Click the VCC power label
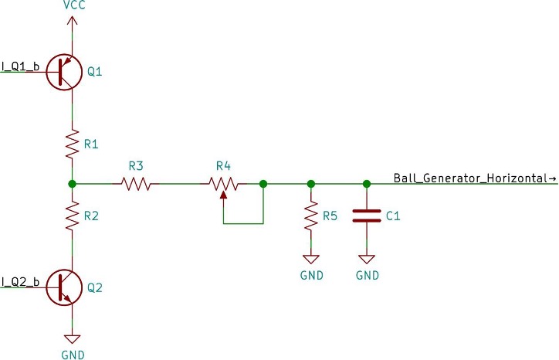click(x=72, y=6)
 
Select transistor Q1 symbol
click(x=64, y=72)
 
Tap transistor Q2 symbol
click(x=64, y=287)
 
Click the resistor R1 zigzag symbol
click(x=72, y=143)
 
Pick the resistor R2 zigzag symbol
click(x=72, y=216)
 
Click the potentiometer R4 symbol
click(x=223, y=184)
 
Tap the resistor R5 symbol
click(x=311, y=216)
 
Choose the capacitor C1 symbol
click(x=367, y=216)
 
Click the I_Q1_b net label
click(x=20, y=66)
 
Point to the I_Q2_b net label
click(x=20, y=281)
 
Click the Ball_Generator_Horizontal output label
click(x=474, y=178)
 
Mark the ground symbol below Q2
click(x=72, y=338)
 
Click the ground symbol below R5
click(x=311, y=260)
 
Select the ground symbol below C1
click(x=367, y=260)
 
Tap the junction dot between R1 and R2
click(x=72, y=184)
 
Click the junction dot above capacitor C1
click(x=367, y=184)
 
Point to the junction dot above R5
click(x=311, y=184)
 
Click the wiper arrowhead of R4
click(x=223, y=193)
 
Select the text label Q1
click(x=95, y=72)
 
